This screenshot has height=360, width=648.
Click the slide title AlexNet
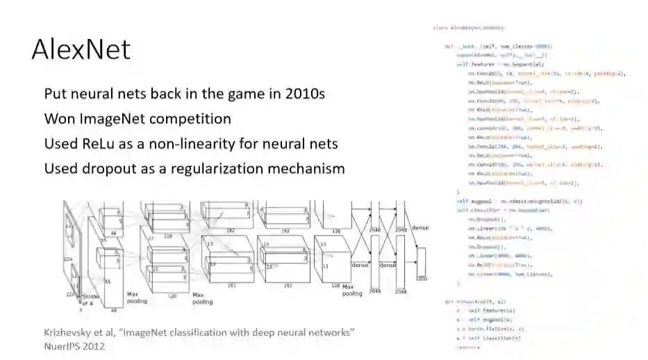[x=81, y=50]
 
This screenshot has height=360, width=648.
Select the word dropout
[x=103, y=168]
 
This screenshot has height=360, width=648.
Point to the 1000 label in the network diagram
[x=419, y=278]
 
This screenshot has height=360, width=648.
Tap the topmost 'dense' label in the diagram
[x=420, y=227]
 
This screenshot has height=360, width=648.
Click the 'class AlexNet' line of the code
[x=469, y=28]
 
